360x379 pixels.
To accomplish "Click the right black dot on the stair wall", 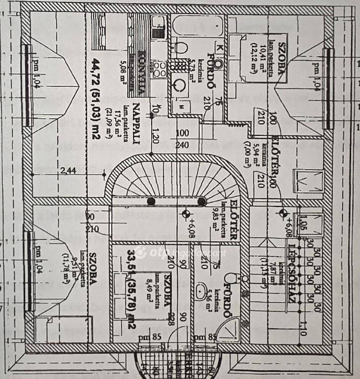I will (x=201, y=201).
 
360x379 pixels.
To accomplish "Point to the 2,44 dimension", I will (x=69, y=171).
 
